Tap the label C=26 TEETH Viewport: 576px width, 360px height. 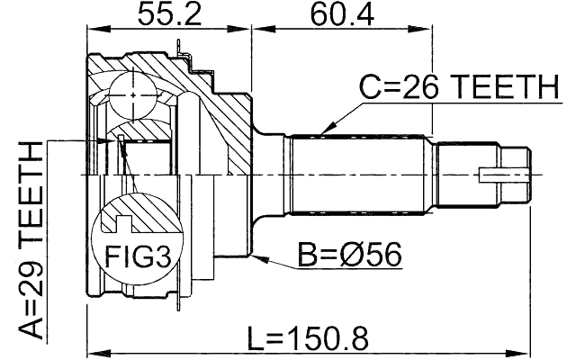(x=458, y=88)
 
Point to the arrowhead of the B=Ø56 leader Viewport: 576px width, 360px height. (x=258, y=258)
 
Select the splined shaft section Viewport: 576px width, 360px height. (x=355, y=172)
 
